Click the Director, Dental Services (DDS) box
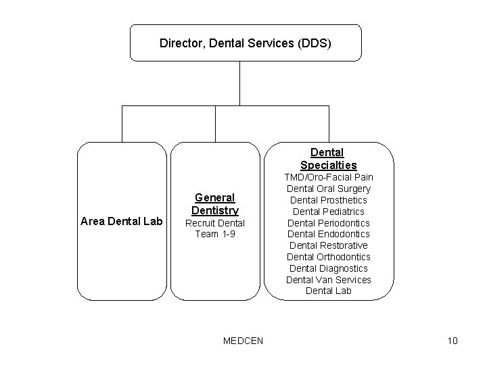pos(246,43)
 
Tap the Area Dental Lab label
pos(121,220)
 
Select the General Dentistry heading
pos(214,203)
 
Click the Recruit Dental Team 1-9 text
pos(214,228)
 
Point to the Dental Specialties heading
pos(328,159)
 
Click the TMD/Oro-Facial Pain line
pos(328,177)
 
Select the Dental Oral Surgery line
pos(328,189)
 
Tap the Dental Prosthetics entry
pos(328,200)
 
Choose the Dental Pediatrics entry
pos(328,212)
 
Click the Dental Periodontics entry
pos(328,223)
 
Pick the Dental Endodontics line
pos(328,234)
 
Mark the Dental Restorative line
pos(328,245)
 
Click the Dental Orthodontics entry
pos(328,257)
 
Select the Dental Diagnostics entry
pos(328,268)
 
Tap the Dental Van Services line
pos(328,280)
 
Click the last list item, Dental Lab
pos(328,291)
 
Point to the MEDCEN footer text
pos(243,340)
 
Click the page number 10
pos(453,340)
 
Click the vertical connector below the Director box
pos(239,83)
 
